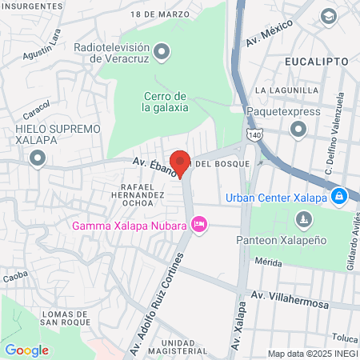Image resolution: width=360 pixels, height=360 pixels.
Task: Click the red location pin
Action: tap(181, 162)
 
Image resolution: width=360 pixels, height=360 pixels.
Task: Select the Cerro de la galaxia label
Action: tap(166, 102)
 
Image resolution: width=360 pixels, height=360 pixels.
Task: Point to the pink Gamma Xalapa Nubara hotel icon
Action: tap(200, 225)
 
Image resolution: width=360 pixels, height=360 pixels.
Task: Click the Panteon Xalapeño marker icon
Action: tap(303, 218)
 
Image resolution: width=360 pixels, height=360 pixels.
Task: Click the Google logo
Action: tap(26, 350)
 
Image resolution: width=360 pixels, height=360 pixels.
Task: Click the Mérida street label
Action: tap(270, 262)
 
